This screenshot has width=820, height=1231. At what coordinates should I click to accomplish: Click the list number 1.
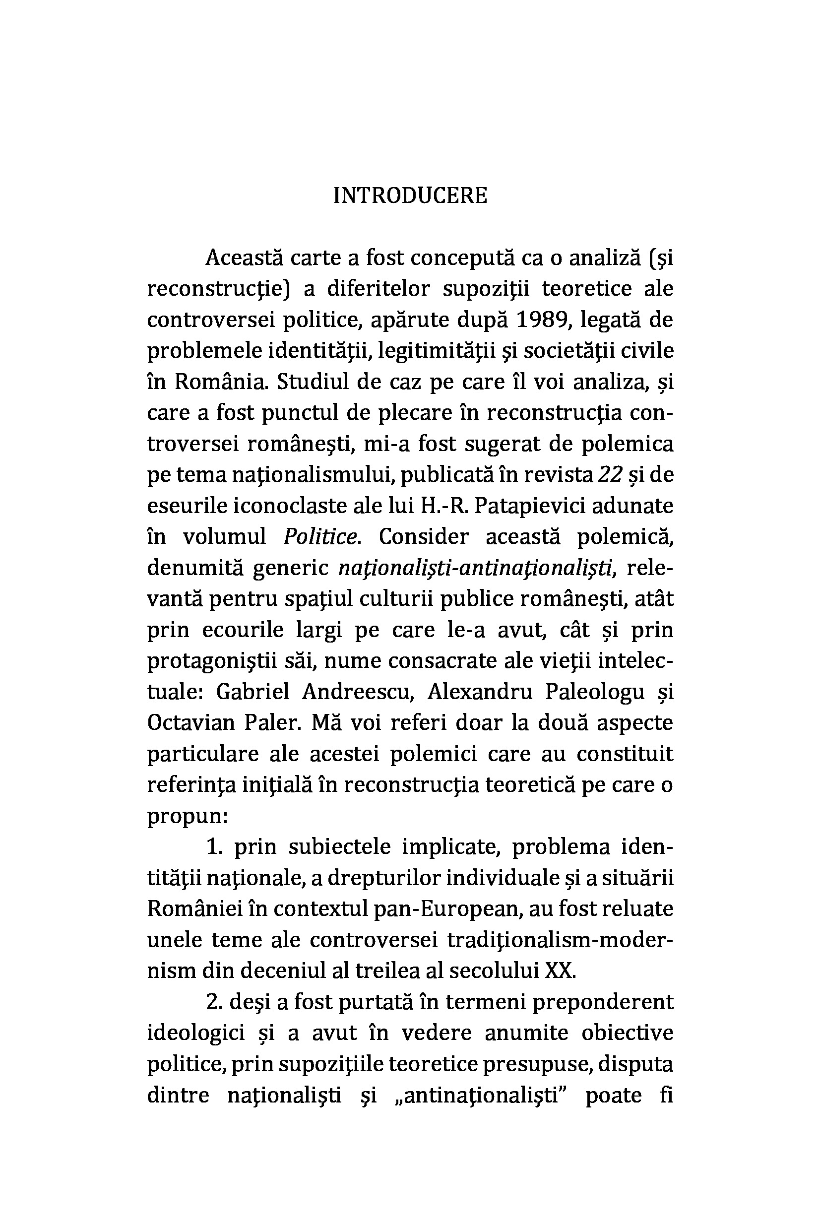coord(214,847)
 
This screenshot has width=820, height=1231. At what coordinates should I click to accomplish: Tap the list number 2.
coord(214,1002)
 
